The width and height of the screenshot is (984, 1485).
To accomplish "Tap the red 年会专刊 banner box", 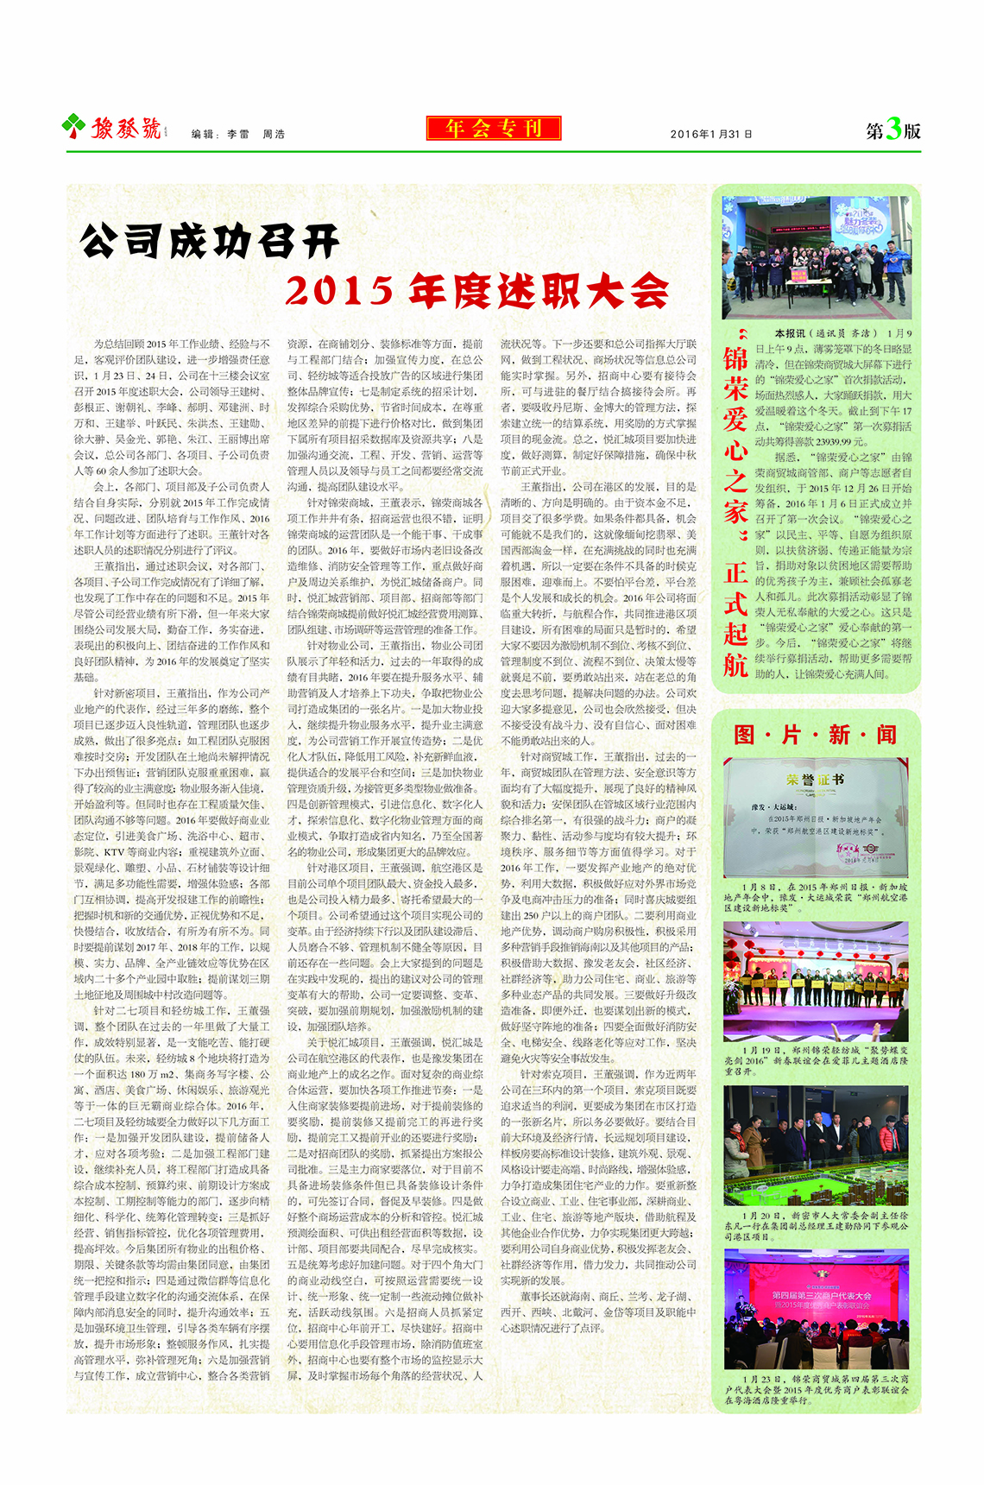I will click(493, 129).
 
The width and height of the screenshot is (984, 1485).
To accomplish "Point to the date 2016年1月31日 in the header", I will click(711, 134).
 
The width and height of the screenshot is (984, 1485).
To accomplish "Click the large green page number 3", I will click(893, 130).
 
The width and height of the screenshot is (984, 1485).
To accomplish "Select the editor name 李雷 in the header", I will click(238, 134).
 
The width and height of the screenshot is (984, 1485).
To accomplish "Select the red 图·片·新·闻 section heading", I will click(815, 735).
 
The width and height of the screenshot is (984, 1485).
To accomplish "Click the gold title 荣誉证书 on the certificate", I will click(815, 780).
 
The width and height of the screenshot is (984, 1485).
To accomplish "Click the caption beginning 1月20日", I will click(816, 1226).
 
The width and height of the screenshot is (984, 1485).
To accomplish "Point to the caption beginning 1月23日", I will click(816, 1390).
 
